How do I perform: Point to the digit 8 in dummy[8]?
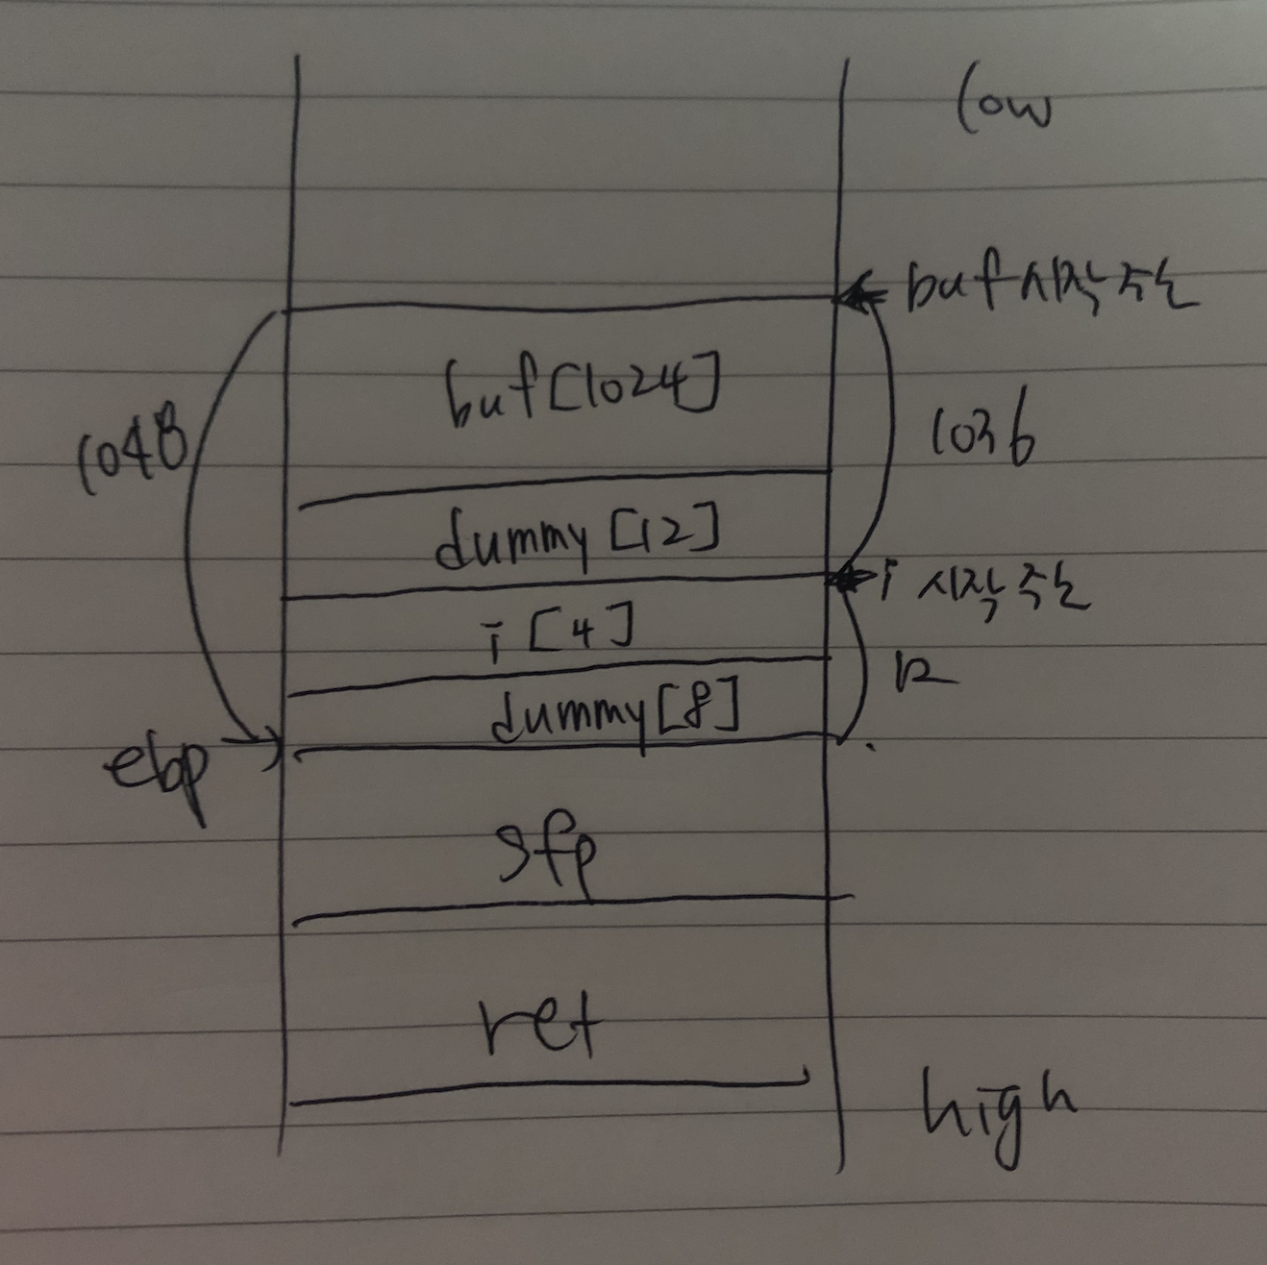point(706,710)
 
